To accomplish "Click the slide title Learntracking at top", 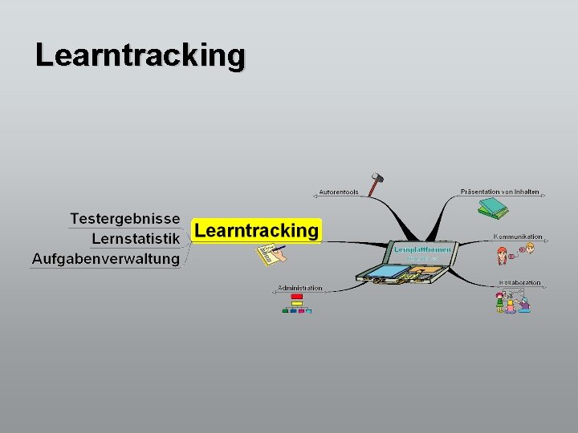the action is pos(140,55).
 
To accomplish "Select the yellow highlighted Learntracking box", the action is pos(256,231).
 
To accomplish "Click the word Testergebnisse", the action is pos(124,219).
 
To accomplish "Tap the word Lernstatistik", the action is pos(135,238).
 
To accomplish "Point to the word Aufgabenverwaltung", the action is pos(105,258).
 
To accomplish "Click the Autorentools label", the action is pos(338,192).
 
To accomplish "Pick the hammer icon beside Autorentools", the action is pos(375,184).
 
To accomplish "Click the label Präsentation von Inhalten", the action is pos(499,192).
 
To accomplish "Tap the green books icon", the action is pos(493,208).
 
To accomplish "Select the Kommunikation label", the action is pos(518,237).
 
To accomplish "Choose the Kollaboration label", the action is pos(519,283).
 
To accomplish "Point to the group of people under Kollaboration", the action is pos(512,301).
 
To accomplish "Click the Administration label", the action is pos(299,288).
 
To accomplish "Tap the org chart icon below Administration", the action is pos(296,304).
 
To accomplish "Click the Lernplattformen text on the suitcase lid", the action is pos(422,250).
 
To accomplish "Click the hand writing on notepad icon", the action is pos(270,255).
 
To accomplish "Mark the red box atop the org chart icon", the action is pos(296,297).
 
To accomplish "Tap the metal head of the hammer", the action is pos(375,176).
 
